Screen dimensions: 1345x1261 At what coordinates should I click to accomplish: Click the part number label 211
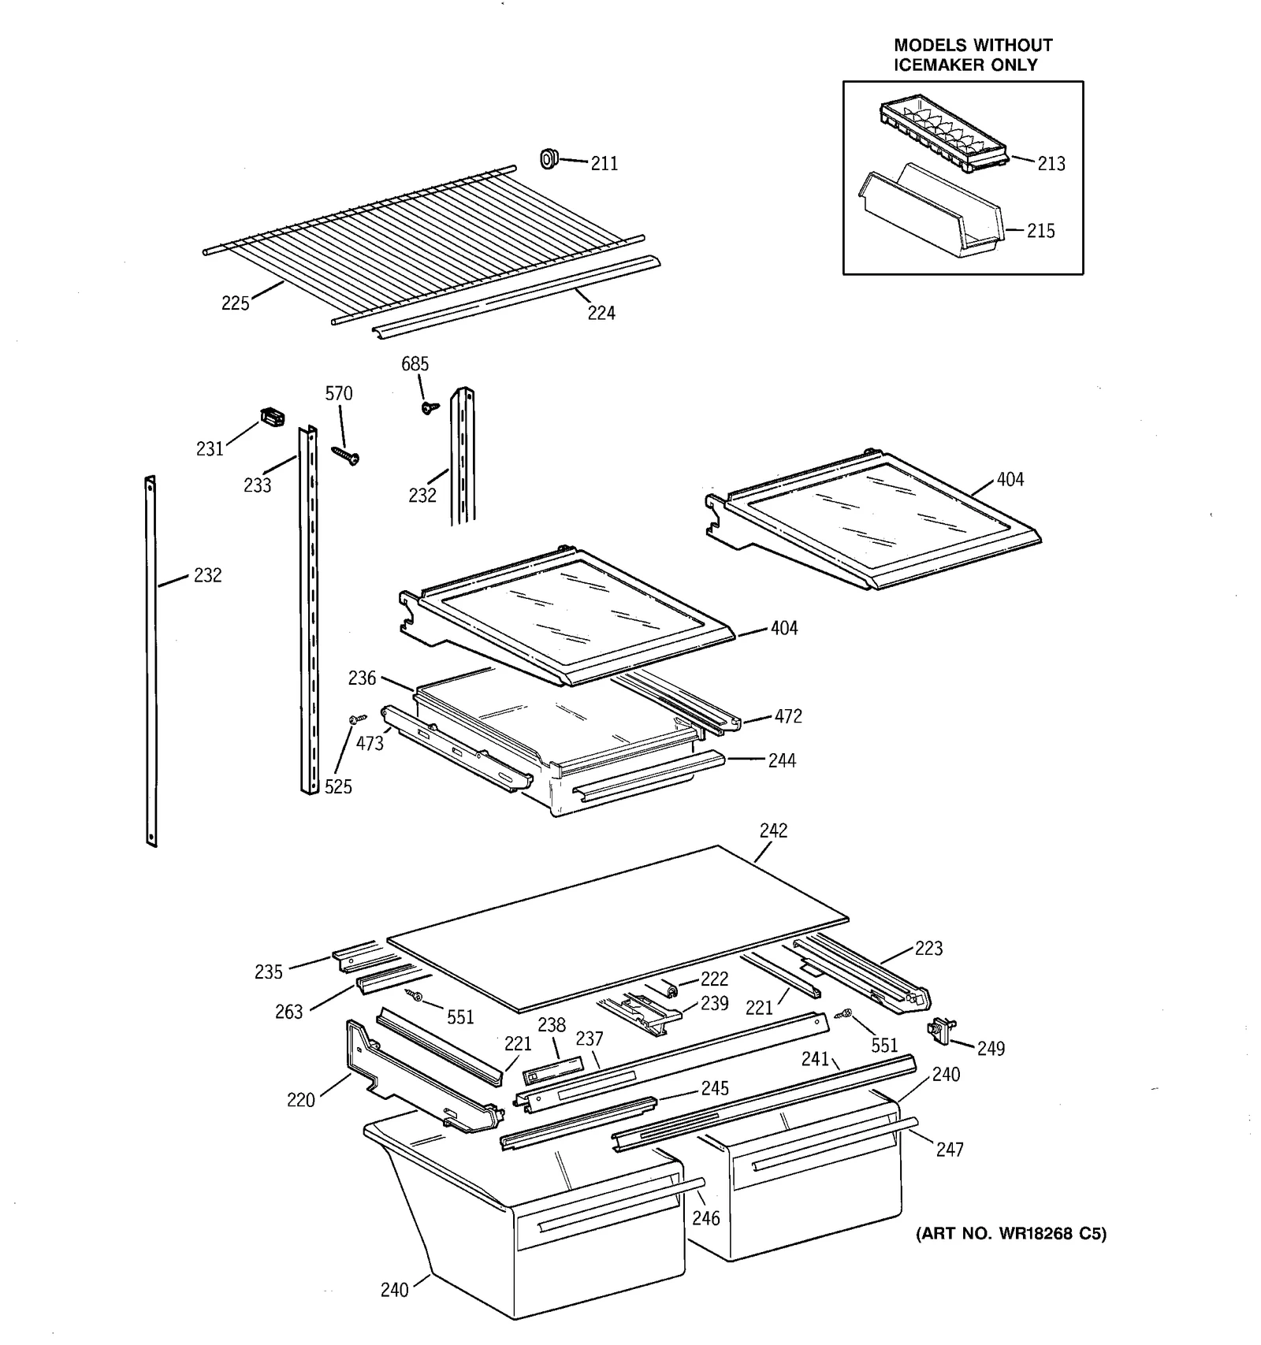(604, 164)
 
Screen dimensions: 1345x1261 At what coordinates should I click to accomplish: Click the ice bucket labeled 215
(930, 213)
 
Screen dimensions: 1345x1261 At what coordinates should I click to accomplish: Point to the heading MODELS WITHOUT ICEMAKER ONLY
(973, 55)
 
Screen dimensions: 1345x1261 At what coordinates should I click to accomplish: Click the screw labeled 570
(345, 454)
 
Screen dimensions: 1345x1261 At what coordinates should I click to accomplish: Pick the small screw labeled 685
(429, 407)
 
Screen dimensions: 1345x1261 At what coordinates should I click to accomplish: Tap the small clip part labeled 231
(272, 416)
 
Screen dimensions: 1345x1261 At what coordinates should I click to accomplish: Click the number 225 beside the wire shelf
(235, 303)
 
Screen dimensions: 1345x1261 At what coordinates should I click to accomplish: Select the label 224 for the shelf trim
(601, 314)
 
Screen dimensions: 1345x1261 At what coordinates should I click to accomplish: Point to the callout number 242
(773, 830)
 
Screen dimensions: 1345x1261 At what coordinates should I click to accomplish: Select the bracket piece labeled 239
(640, 1011)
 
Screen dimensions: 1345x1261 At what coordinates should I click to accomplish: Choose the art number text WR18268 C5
(1011, 1234)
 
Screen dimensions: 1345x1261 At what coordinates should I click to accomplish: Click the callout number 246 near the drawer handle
(705, 1218)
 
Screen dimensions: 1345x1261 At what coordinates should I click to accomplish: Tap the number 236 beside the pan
(362, 678)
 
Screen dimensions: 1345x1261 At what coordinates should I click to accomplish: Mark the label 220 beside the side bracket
(300, 1100)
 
